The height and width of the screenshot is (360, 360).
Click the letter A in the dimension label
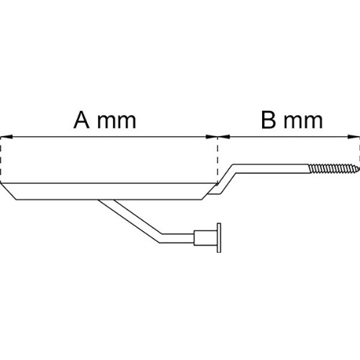81,120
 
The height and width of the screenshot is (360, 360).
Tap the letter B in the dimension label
269,120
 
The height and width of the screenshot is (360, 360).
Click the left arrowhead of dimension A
6,137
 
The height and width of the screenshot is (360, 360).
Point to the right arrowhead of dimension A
212,137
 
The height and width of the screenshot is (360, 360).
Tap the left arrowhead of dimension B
224,137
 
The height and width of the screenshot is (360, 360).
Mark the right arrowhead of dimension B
354,137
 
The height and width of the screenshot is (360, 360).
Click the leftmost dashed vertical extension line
1,161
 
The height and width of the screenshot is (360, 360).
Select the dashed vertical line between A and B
217,161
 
